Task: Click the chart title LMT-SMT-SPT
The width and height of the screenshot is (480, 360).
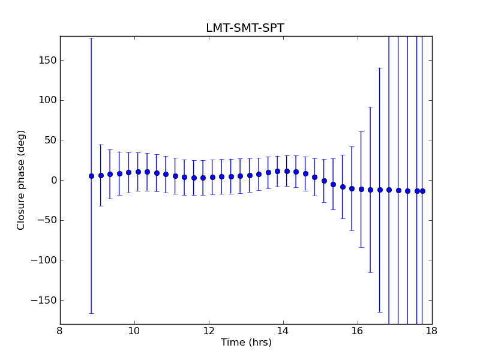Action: [245, 28]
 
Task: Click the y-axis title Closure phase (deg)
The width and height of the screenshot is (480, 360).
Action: [22, 180]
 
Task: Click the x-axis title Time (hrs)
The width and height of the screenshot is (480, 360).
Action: [246, 343]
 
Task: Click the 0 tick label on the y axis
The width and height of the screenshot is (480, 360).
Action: [53, 180]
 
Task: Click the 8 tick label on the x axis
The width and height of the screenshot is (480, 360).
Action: [60, 331]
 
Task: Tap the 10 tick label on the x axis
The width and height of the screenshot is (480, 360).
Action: [134, 331]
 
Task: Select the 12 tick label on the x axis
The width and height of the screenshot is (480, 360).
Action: [209, 331]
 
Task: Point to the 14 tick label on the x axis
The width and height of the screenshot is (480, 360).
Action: [283, 331]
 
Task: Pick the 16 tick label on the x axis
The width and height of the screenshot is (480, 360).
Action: [358, 331]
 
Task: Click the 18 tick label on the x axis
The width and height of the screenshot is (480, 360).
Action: [432, 331]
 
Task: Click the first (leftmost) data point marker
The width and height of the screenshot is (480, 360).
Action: [91, 176]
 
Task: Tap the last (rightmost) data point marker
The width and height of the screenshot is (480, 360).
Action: [422, 191]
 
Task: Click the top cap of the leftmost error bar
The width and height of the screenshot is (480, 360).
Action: [91, 38]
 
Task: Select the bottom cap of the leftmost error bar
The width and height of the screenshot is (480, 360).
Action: [91, 313]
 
